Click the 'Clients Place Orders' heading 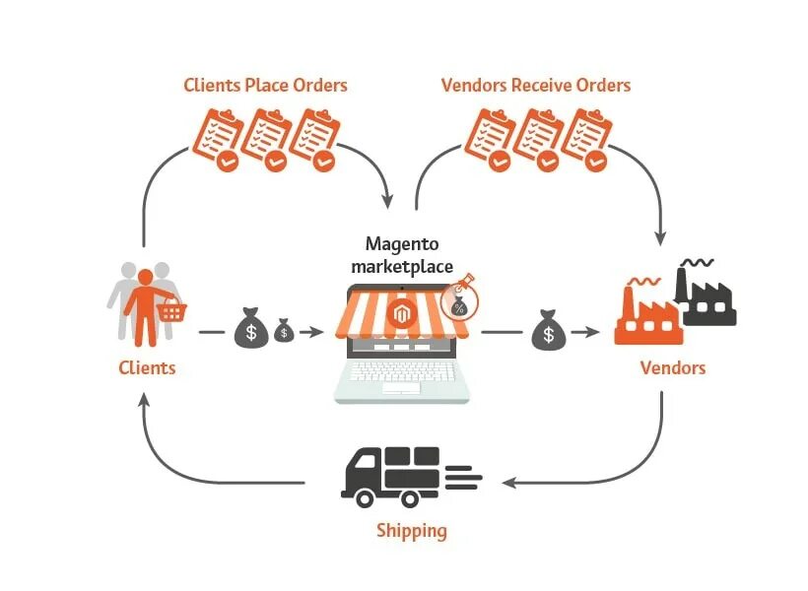click(265, 85)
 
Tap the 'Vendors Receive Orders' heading click(535, 85)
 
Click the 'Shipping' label click(411, 531)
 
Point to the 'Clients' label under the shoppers click(147, 367)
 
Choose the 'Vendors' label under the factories click(673, 367)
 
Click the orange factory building click(645, 315)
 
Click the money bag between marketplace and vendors click(549, 332)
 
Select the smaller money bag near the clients click(284, 330)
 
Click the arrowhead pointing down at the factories click(660, 237)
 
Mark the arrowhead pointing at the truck click(508, 482)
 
